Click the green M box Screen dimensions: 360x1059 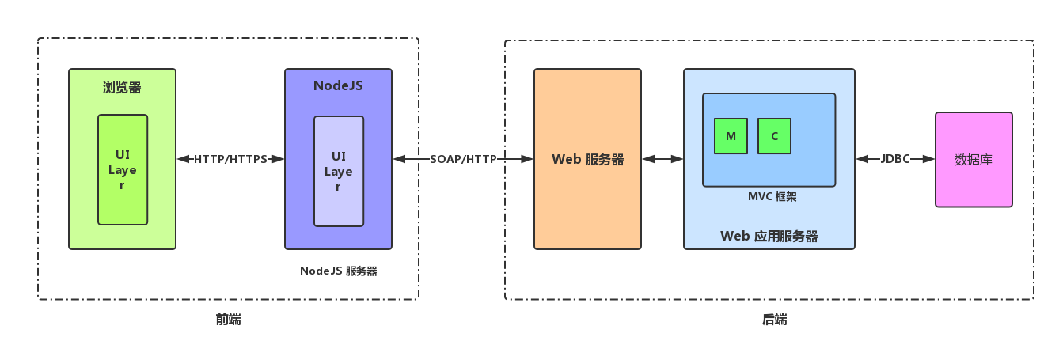tap(731, 136)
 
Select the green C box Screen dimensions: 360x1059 tap(774, 136)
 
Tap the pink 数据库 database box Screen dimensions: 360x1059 tap(974, 159)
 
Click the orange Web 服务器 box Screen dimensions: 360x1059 tap(587, 159)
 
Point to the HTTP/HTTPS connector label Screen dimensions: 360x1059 tap(230, 159)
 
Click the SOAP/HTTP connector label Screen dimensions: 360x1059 tap(463, 159)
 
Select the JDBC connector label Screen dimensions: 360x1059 tap(895, 159)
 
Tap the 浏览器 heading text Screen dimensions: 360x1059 tap(122, 87)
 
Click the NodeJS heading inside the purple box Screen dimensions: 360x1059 tap(338, 85)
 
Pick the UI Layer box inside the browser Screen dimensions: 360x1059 tap(123, 169)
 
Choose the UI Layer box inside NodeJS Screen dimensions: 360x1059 tap(339, 171)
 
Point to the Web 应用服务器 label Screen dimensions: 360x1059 tap(769, 236)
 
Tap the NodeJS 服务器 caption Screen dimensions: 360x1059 tap(338, 271)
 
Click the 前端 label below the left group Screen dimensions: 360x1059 tap(228, 320)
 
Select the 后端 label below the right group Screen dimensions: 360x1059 tap(774, 320)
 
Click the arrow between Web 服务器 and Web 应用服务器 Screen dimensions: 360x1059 tap(662, 159)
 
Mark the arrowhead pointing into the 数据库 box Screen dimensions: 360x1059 tap(929, 159)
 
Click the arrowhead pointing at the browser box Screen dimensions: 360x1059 tap(182, 159)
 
